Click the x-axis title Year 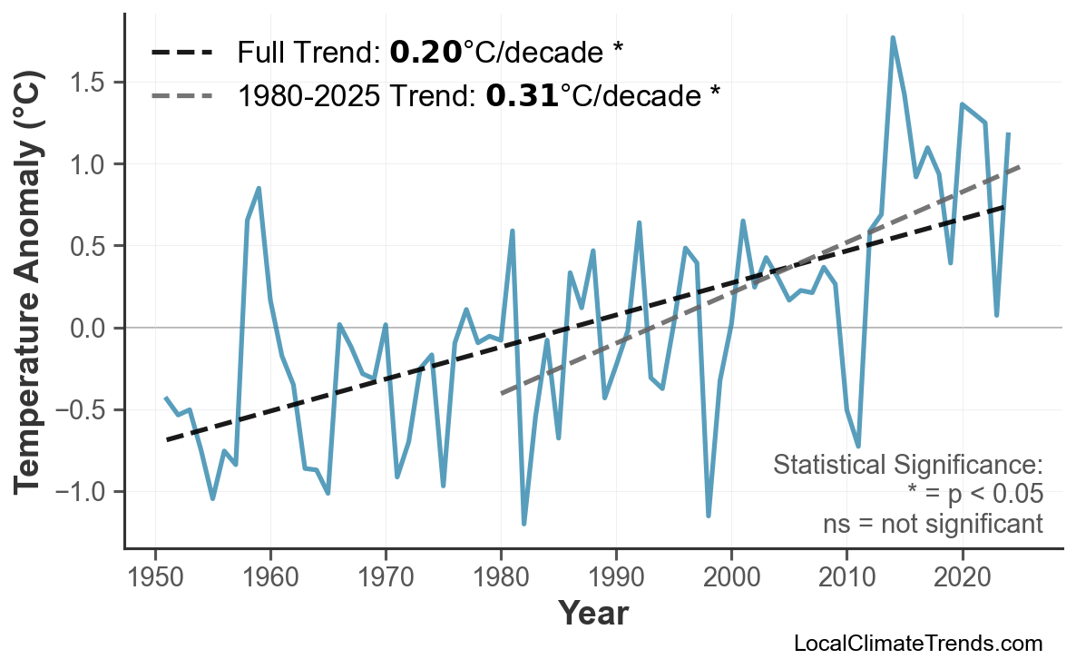pyautogui.click(x=592, y=614)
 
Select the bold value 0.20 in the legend pyautogui.click(x=426, y=53)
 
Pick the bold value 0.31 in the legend pyautogui.click(x=522, y=94)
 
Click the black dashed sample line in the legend pyautogui.click(x=181, y=53)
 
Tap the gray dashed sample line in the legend pyautogui.click(x=181, y=94)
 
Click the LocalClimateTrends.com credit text pyautogui.click(x=917, y=644)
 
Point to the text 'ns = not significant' pyautogui.click(x=932, y=524)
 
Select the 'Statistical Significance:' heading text pyautogui.click(x=907, y=465)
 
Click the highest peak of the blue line pyautogui.click(x=893, y=38)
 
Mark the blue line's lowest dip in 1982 pyautogui.click(x=524, y=524)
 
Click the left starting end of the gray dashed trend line pyautogui.click(x=501, y=393)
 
